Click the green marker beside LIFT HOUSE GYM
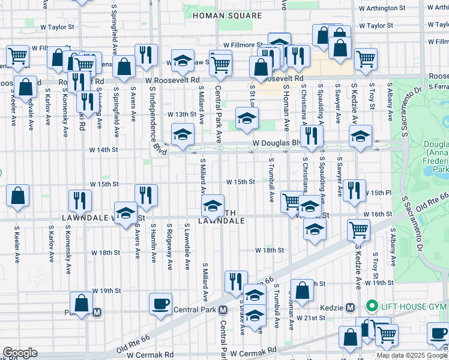[371, 307]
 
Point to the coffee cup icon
[160, 304]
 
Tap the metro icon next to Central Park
[223, 310]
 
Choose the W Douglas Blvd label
[277, 143]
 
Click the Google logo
[19, 353]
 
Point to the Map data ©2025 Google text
[411, 355]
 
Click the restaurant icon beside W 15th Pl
[354, 190]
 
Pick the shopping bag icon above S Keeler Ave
[19, 195]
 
